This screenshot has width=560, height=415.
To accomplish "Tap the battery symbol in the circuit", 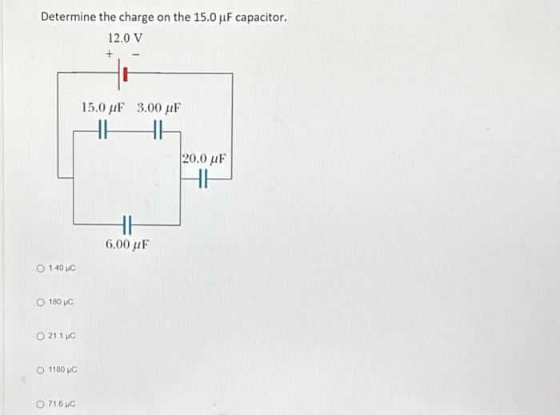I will click(x=124, y=74).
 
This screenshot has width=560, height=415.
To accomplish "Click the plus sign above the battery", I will click(x=110, y=54).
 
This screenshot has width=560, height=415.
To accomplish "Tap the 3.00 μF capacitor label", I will click(x=158, y=107).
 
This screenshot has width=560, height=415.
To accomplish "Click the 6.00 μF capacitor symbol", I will click(x=126, y=225).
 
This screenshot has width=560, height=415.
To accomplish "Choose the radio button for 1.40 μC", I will click(x=40, y=267).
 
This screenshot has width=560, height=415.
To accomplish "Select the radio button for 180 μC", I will click(x=40, y=302).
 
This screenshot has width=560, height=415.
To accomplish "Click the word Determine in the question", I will click(x=70, y=17).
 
